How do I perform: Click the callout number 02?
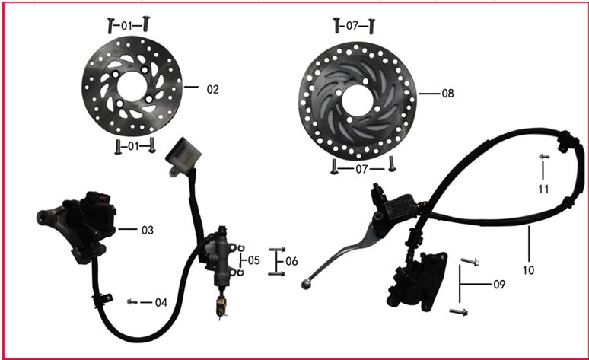click(x=212, y=90)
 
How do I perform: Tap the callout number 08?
click(x=447, y=93)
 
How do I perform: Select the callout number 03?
click(x=148, y=230)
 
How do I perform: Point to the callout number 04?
click(x=161, y=302)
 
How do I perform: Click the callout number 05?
click(x=254, y=260)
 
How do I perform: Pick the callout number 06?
click(x=292, y=261)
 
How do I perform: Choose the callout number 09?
click(x=499, y=285)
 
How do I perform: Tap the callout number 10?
click(x=528, y=270)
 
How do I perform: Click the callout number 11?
click(x=543, y=189)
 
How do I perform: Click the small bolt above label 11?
click(x=544, y=156)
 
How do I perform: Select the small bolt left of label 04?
click(x=132, y=301)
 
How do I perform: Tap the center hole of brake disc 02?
click(x=132, y=87)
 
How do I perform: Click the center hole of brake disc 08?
click(x=357, y=100)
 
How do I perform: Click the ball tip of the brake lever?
click(x=305, y=285)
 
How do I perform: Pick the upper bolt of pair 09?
click(x=470, y=261)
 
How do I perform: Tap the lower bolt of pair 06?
click(x=277, y=274)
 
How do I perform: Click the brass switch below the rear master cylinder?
click(x=221, y=306)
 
